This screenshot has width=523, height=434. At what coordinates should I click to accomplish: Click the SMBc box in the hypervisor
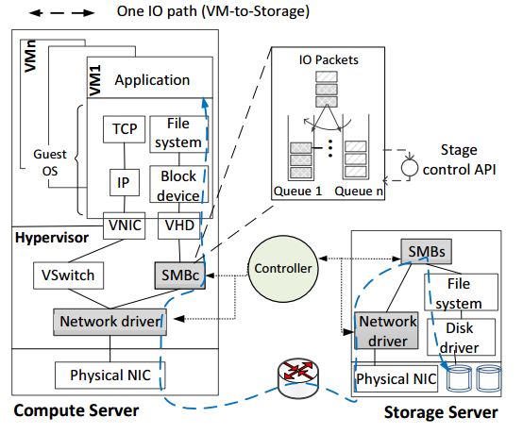point(180,275)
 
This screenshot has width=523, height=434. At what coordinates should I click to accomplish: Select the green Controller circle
point(283,269)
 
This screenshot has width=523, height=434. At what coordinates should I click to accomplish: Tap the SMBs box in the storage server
point(427,251)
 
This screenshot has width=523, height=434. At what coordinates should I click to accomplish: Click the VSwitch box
point(68,275)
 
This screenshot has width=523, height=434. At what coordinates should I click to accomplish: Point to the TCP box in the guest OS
point(124,129)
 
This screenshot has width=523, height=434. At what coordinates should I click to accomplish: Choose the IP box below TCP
point(125,182)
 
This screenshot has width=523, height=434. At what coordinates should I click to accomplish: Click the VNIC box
point(124,225)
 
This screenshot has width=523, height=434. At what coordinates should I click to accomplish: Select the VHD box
point(179,225)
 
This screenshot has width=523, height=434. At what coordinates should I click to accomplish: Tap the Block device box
point(179,184)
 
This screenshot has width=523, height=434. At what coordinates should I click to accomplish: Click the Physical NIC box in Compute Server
point(110,376)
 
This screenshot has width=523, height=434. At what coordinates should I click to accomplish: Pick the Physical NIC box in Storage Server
point(396,378)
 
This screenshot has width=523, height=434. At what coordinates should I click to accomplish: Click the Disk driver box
point(462,337)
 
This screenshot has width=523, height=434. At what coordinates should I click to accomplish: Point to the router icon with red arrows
point(298,378)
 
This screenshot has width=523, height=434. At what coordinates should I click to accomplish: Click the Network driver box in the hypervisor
point(110,322)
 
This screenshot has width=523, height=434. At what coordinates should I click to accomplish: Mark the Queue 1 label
point(298,191)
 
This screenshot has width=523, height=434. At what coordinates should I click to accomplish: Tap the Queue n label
point(359,191)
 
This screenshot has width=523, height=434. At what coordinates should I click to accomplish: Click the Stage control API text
point(459,159)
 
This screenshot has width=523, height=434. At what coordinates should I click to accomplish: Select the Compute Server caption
point(76,410)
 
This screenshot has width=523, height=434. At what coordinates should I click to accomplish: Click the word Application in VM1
point(152,80)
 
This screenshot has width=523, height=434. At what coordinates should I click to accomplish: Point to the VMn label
point(30,56)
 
